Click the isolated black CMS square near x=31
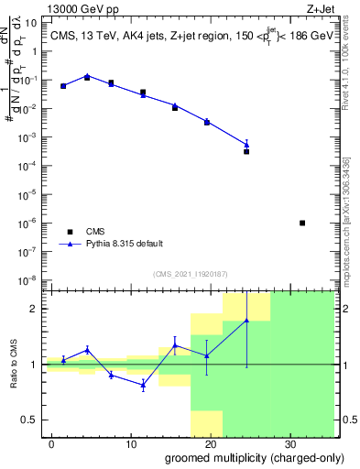point(302,223)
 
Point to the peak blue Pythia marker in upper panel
point(87,76)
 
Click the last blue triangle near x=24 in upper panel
point(246,144)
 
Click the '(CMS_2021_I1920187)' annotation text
point(191,274)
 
